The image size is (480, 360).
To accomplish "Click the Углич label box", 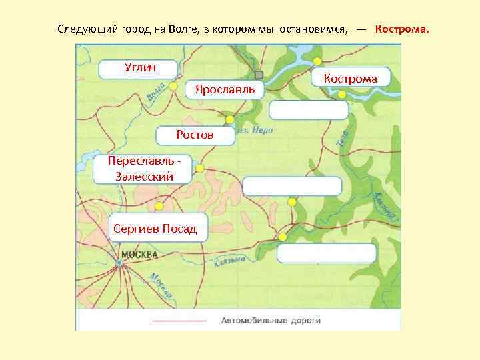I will pyautogui.click(x=139, y=68).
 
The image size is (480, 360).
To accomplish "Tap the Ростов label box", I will pyautogui.click(x=195, y=135).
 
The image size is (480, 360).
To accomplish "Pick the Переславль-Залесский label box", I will pyautogui.click(x=143, y=169).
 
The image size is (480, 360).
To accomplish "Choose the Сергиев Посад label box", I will pyautogui.click(x=155, y=229).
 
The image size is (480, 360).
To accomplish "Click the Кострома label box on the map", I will pyautogui.click(x=350, y=79).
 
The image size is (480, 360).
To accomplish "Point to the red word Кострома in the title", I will pyautogui.click(x=402, y=30).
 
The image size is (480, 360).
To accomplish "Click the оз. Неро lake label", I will pyautogui.click(x=256, y=131).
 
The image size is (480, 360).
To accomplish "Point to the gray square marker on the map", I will pyautogui.click(x=259, y=75).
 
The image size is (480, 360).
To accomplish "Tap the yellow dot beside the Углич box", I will pyautogui.click(x=173, y=86).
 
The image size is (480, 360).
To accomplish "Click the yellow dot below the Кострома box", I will pyautogui.click(x=342, y=95).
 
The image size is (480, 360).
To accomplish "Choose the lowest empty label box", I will pyautogui.click(x=326, y=254).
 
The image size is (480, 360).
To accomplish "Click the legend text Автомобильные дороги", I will pyautogui.click(x=271, y=320).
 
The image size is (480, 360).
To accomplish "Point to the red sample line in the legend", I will pyautogui.click(x=179, y=321).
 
